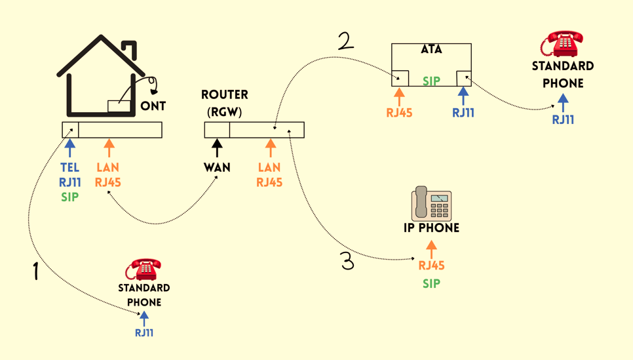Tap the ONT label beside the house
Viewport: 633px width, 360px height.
(x=153, y=106)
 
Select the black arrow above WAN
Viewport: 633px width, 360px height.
(x=217, y=148)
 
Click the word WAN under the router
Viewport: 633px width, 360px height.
(x=217, y=167)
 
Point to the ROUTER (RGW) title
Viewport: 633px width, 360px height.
(x=225, y=104)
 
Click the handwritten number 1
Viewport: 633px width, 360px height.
(x=36, y=270)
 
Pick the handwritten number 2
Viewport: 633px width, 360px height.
(x=346, y=41)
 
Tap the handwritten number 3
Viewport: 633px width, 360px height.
(x=347, y=262)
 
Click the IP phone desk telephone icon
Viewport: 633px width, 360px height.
(x=431, y=203)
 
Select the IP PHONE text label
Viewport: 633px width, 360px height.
(x=431, y=228)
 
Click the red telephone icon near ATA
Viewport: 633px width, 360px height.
(x=562, y=43)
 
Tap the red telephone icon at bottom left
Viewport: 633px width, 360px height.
(x=144, y=269)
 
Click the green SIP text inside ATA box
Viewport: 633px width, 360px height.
(x=431, y=81)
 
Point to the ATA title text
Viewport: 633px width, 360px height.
(x=431, y=50)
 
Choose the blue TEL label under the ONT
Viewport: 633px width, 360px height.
(x=70, y=168)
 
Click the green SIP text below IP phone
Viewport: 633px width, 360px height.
(x=431, y=284)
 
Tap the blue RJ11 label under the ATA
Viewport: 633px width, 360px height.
(x=463, y=113)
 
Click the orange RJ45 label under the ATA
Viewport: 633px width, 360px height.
(x=399, y=113)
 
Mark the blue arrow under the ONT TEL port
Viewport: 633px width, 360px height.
(x=70, y=148)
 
